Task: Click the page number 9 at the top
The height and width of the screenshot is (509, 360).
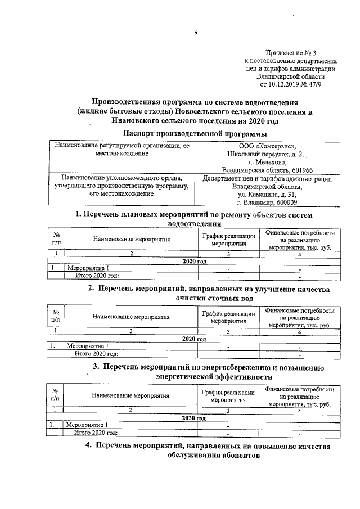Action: [x=196, y=32]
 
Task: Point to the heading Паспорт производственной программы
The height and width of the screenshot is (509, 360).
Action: [x=195, y=133]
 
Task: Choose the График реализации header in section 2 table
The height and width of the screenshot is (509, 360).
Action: [x=228, y=317]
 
